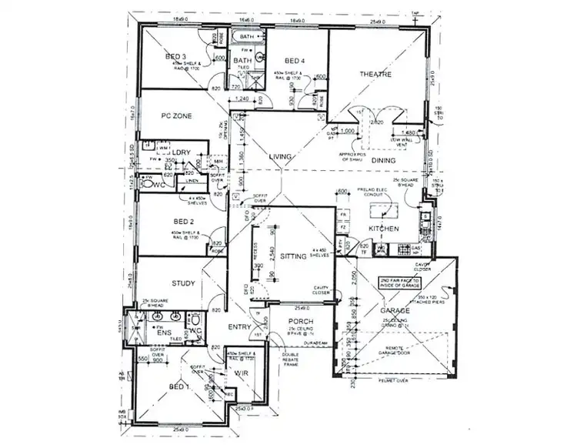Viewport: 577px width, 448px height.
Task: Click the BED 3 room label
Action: point(176,57)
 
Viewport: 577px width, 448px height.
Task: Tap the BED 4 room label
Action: point(295,61)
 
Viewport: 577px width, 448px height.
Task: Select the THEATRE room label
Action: point(376,74)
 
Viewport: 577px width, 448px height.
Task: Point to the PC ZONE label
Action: point(176,116)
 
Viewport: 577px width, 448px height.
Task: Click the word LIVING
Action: point(281,157)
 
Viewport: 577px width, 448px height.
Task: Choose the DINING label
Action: point(383,160)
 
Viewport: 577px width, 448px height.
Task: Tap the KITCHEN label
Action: point(382,229)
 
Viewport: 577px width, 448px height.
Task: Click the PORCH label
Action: point(298,322)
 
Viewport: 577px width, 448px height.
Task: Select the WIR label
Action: point(241,372)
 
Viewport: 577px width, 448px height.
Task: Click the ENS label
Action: point(164,333)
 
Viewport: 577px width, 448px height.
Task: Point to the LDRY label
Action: point(182,153)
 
